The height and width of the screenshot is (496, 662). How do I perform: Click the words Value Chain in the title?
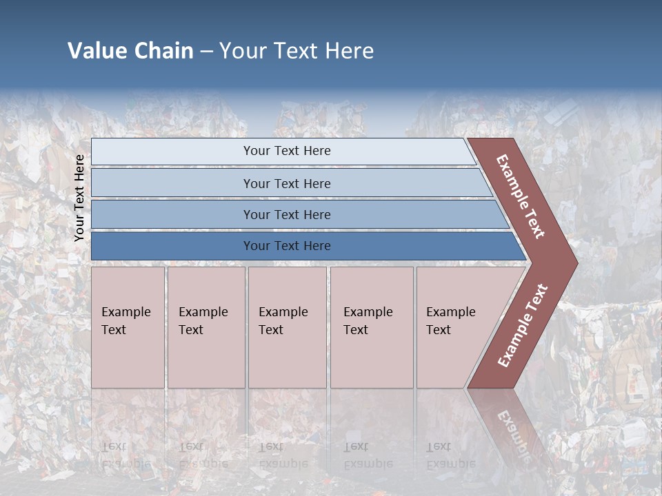[130, 51]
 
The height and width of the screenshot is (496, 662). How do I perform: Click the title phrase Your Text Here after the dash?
[297, 51]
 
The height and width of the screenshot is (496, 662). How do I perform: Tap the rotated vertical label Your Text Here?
[80, 198]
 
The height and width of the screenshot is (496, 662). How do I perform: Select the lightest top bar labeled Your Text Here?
[286, 151]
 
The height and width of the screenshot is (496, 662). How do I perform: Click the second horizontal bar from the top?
[286, 183]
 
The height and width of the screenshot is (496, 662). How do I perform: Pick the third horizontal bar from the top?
[286, 214]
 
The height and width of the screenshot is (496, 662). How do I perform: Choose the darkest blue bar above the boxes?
[286, 246]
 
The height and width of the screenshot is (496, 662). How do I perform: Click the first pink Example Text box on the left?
[128, 327]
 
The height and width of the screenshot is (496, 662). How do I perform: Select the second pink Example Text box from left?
[205, 327]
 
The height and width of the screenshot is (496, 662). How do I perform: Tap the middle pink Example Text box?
[287, 327]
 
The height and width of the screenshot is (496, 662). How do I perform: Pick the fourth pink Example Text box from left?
[371, 327]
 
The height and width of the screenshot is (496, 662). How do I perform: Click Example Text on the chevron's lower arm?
[522, 326]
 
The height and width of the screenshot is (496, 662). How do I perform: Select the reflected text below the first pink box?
[126, 455]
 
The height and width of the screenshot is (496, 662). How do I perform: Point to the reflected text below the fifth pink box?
[450, 455]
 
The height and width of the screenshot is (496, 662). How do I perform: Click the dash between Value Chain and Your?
[206, 51]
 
